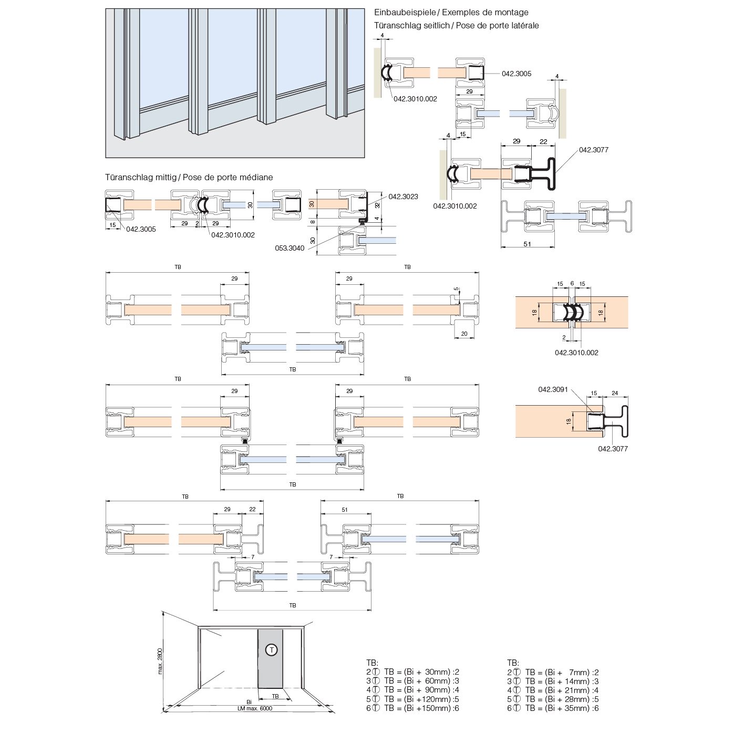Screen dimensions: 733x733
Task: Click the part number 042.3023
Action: coord(403,197)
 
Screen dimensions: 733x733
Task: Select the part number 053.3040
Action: coord(290,248)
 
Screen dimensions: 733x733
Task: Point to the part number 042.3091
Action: coord(553,389)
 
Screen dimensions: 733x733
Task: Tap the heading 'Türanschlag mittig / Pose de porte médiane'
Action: coord(189,177)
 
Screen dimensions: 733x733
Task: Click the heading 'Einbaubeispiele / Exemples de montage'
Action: coord(451,12)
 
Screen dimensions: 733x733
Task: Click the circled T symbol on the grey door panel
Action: coord(272,650)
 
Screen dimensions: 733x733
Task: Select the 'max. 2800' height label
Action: coord(160,661)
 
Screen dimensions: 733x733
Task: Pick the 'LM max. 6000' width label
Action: coord(255,708)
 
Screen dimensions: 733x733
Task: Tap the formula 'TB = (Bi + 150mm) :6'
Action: coord(421,708)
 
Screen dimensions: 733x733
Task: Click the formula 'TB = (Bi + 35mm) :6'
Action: coord(562,708)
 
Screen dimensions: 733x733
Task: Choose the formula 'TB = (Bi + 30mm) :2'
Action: coord(421,672)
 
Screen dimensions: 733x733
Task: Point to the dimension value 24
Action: coord(615,393)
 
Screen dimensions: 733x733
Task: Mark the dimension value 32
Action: coord(377,205)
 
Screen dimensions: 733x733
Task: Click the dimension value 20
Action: coord(464,334)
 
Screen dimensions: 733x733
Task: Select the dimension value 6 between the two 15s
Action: coord(572,283)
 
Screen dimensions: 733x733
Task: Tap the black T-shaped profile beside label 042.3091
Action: coord(620,421)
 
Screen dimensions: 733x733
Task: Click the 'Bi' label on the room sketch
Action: coord(249,702)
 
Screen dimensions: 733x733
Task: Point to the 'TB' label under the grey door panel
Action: coord(275,696)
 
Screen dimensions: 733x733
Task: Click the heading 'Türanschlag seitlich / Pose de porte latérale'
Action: coord(456,25)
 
